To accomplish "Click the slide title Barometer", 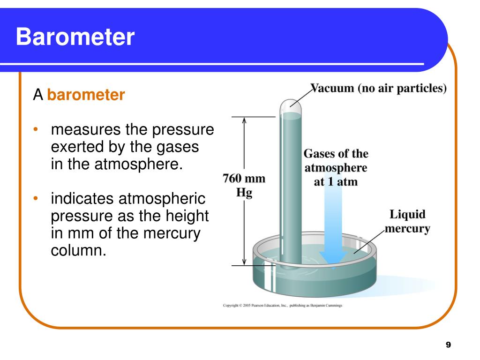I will click(75, 37).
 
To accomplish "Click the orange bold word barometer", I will click(86, 96).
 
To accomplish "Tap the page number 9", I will click(448, 345).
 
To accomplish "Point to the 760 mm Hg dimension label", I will click(243, 186).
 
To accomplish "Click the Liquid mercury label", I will click(407, 222).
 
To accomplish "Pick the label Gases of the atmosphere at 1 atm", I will click(336, 167).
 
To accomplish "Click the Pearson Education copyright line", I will click(282, 305).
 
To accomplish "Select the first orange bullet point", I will click(36, 129).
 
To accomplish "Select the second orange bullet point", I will click(36, 199).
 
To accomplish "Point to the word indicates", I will click(82, 199).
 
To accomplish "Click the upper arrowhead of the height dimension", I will click(244, 121).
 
